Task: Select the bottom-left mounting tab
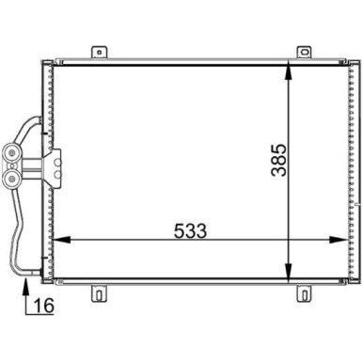[97, 293]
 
